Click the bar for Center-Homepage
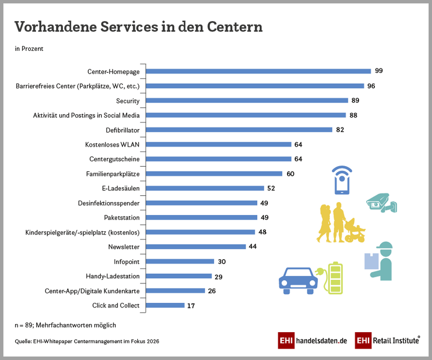(x=257, y=71)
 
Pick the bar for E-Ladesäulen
(x=204, y=188)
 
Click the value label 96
(x=371, y=86)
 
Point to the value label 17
(x=191, y=305)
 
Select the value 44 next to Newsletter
(x=253, y=247)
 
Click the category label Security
(x=128, y=101)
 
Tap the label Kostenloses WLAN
(x=112, y=145)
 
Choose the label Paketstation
(x=121, y=218)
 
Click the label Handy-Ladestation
(x=113, y=276)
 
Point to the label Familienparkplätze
(x=113, y=174)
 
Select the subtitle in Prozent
(x=29, y=49)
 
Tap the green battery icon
(x=335, y=278)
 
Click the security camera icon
(x=381, y=203)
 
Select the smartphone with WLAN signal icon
(x=342, y=180)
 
